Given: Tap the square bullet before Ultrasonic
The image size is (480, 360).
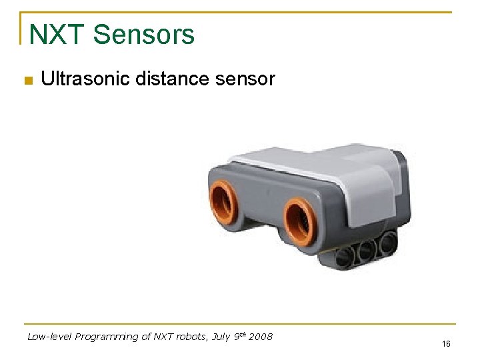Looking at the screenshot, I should pyautogui.click(x=27, y=81).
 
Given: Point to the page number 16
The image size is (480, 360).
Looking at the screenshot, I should pyautogui.click(x=446, y=344).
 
